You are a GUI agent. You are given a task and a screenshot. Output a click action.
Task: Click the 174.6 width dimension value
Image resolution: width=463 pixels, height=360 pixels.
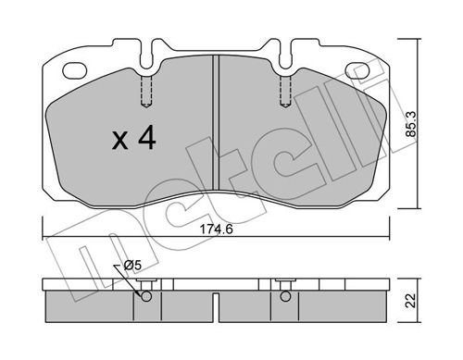click(216, 230)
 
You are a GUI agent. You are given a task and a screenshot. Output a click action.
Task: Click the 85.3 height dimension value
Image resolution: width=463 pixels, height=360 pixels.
click(411, 124)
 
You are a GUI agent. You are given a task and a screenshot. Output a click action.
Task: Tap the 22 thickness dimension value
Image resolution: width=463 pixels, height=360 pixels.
click(411, 301)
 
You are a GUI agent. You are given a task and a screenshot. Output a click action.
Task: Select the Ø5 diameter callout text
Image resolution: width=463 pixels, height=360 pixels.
click(132, 266)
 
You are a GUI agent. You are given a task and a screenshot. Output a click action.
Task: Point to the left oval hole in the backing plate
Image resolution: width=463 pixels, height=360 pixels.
click(74, 70)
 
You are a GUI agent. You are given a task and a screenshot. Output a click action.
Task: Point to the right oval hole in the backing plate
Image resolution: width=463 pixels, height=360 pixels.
click(357, 70)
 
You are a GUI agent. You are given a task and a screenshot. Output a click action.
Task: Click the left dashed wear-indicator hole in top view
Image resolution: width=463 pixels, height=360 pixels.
click(146, 92)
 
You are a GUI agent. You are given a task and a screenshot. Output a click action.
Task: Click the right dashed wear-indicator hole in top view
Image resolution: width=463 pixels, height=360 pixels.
click(285, 92)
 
